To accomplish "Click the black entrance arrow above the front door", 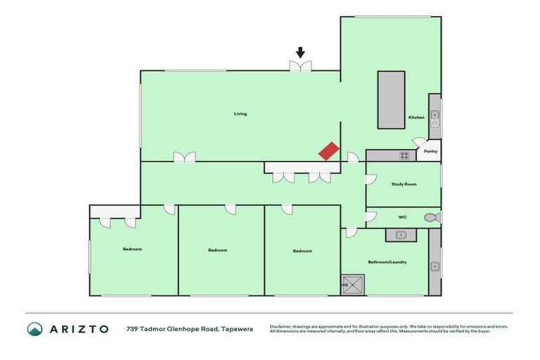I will click(x=300, y=52).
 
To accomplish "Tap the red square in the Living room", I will click(x=329, y=151).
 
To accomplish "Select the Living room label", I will click(x=240, y=114).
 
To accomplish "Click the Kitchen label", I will click(x=416, y=117).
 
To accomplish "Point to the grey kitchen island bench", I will click(x=391, y=99).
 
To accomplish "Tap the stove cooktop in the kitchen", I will click(x=404, y=155).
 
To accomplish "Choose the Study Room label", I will click(x=404, y=184).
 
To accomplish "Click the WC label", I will click(x=403, y=217).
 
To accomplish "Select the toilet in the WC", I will click(x=437, y=218).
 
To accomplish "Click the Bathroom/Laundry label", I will click(x=387, y=262).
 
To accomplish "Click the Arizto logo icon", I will click(x=34, y=329).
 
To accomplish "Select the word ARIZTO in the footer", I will click(x=79, y=329).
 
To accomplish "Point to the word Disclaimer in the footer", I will click(x=281, y=326).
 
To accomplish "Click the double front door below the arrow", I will click(x=301, y=65).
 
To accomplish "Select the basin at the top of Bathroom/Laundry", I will click(x=401, y=235).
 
